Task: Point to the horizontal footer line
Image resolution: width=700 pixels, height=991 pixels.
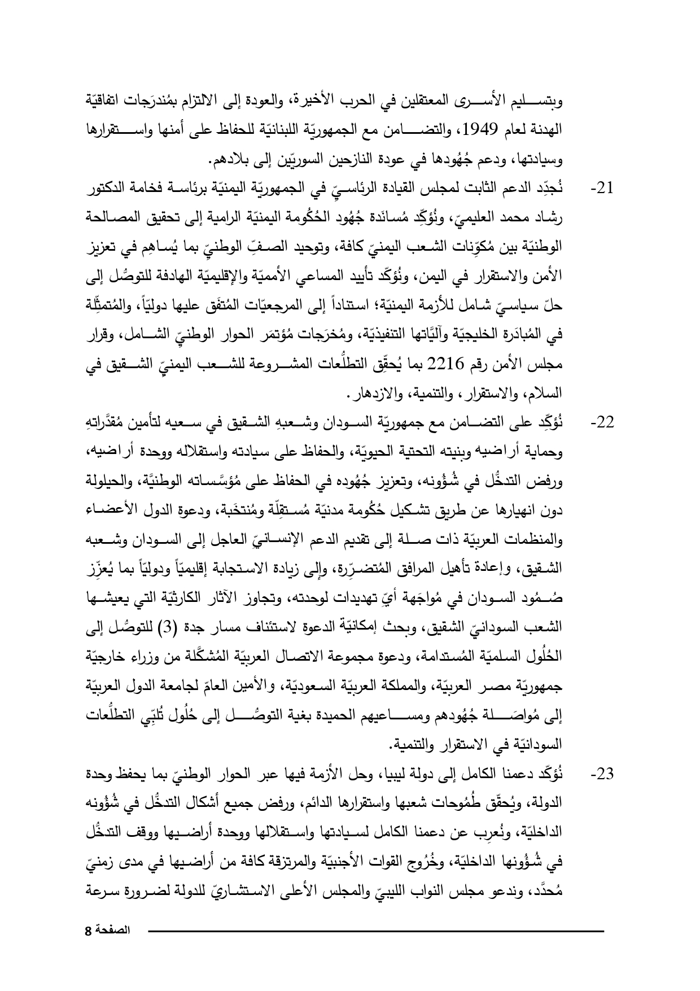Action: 375,930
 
